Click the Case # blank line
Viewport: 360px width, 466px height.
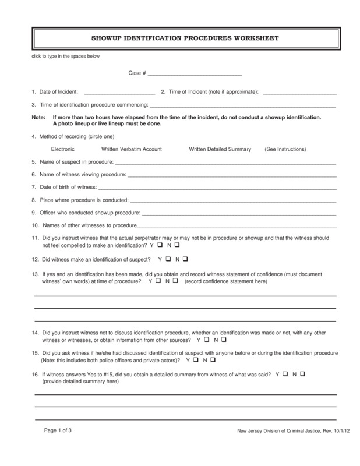(x=195, y=74)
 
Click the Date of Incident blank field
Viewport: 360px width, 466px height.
(x=119, y=92)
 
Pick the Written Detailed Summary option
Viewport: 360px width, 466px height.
(x=220, y=149)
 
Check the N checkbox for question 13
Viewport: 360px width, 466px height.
(x=175, y=281)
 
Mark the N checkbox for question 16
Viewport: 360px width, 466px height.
(x=303, y=372)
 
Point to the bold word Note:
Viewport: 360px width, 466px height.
(x=38, y=117)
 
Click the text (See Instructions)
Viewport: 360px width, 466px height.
(x=285, y=149)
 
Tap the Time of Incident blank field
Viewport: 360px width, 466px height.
(x=300, y=92)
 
